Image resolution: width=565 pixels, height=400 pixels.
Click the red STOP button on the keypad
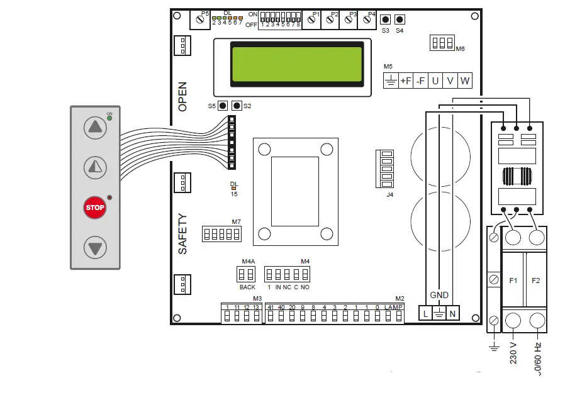point(95,208)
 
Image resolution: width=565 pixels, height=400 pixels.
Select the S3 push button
point(385,19)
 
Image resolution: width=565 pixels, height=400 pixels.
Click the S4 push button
point(400,19)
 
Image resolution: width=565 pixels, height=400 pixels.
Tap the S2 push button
point(237,106)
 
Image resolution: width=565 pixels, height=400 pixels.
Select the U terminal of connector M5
point(435,81)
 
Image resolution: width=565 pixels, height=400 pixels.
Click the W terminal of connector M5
point(465,81)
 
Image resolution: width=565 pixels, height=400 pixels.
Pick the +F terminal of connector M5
point(406,81)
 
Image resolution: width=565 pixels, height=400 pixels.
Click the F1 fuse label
point(513,280)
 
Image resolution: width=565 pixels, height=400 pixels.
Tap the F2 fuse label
point(535,280)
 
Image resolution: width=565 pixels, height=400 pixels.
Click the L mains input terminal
point(425,313)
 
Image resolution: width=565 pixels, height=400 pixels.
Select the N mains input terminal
point(453,313)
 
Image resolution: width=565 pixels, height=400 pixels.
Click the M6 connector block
point(442,43)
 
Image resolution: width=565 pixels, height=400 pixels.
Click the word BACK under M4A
point(247,287)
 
